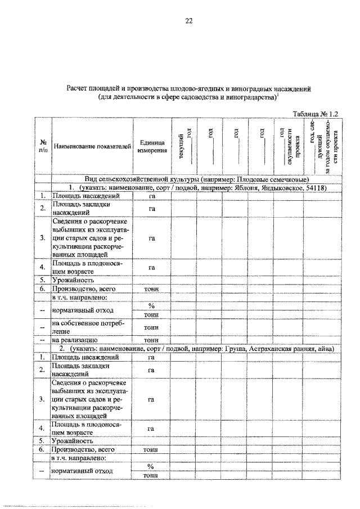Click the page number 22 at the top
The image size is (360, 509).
[x=189, y=21]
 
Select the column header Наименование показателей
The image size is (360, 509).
[x=92, y=147]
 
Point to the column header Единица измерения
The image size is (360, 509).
[x=151, y=147]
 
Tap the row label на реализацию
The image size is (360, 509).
[x=75, y=340]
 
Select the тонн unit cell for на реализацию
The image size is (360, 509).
[x=151, y=340]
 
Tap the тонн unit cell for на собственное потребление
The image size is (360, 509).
[x=151, y=327]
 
